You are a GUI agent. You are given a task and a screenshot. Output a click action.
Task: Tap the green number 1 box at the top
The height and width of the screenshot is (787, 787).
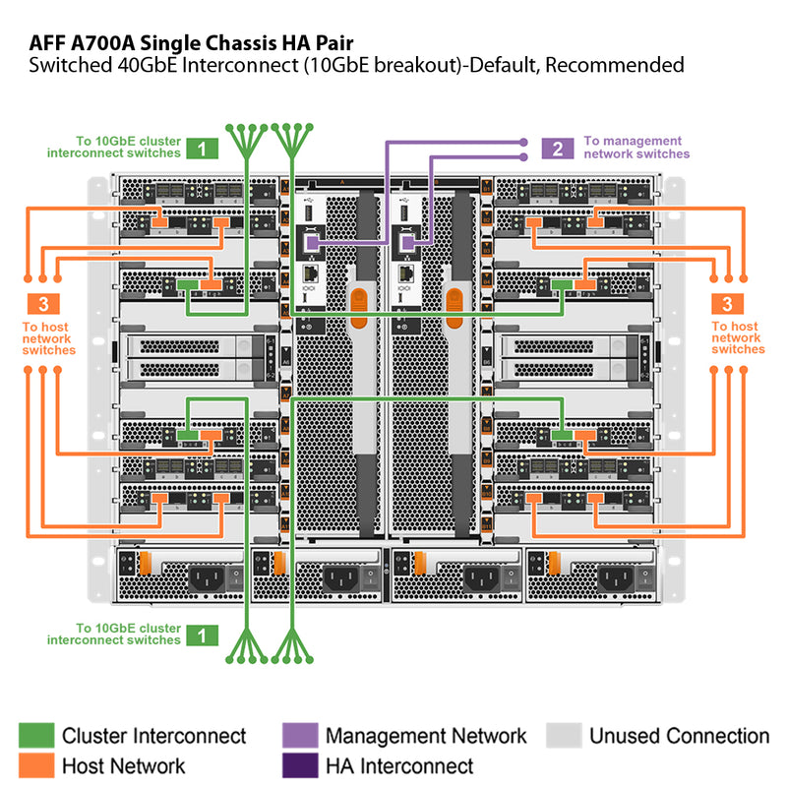(x=202, y=149)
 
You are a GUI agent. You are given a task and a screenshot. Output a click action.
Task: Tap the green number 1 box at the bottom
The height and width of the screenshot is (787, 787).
(x=202, y=635)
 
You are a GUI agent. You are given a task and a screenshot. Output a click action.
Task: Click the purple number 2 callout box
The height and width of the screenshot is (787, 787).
(x=558, y=149)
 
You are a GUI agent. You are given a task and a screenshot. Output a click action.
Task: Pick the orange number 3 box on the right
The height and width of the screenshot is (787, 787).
(x=727, y=303)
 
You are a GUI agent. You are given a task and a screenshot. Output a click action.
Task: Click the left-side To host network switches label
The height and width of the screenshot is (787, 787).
(x=47, y=338)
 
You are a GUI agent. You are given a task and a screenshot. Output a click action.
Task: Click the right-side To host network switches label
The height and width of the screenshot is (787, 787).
(x=738, y=337)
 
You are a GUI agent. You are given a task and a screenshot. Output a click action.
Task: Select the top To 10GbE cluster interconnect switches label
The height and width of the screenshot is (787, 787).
(x=114, y=148)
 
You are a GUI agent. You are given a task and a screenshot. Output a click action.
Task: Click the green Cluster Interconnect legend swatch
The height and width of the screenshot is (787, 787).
(x=36, y=736)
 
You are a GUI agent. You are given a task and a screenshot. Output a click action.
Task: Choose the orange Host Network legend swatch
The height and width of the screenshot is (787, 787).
(x=36, y=765)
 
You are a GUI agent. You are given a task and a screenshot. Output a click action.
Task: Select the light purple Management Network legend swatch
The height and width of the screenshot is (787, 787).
(x=300, y=736)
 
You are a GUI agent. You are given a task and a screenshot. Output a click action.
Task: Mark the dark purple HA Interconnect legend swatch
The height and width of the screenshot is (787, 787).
(x=300, y=765)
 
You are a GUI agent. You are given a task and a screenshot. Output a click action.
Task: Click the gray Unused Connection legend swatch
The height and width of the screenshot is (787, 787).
(x=564, y=736)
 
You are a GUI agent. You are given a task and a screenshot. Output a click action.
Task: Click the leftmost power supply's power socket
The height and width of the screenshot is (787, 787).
(x=208, y=578)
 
